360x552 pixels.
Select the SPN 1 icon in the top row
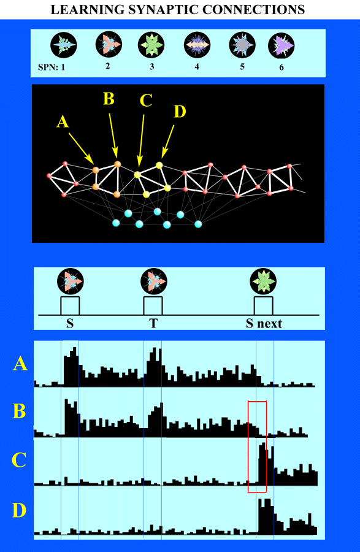pos(64,45)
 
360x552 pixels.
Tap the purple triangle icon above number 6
pos(281,46)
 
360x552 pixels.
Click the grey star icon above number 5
pos(242,45)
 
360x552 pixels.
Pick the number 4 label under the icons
pos(197,66)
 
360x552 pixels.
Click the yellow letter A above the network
pos(63,122)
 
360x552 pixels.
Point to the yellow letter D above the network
pos(180,112)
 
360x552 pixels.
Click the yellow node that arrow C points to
pos(137,174)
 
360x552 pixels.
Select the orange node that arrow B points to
pos(117,164)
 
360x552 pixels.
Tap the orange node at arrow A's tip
pos(96,170)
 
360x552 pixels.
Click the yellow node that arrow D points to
pos(159,165)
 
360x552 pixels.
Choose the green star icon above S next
pos(263,282)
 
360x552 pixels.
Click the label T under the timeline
pos(153,323)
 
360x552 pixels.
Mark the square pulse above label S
pos(70,305)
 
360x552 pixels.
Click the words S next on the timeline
pos(264,323)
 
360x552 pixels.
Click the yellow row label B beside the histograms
pos(20,411)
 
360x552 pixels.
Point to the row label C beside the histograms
pos(19,460)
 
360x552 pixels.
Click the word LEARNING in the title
pos(88,9)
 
